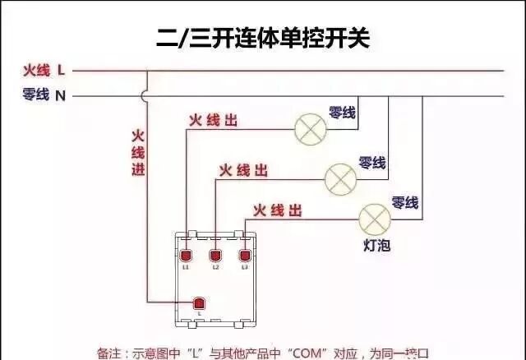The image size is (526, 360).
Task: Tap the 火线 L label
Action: click(x=44, y=71)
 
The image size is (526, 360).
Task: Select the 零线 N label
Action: click(x=44, y=95)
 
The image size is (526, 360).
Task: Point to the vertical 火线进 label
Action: click(x=138, y=152)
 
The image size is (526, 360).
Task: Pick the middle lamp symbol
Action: click(x=340, y=177)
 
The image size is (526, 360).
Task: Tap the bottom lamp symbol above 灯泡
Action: click(x=375, y=218)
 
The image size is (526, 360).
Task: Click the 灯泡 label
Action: click(x=375, y=245)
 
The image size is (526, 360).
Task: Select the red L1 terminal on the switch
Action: click(x=187, y=255)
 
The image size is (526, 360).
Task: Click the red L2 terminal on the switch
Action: click(x=215, y=255)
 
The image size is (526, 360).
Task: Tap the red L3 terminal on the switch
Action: click(x=244, y=255)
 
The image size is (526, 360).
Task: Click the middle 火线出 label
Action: click(x=242, y=170)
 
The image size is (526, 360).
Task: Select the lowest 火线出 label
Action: click(x=277, y=210)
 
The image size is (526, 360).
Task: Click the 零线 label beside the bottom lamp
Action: click(x=405, y=202)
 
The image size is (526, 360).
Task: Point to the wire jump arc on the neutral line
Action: click(x=147, y=96)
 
